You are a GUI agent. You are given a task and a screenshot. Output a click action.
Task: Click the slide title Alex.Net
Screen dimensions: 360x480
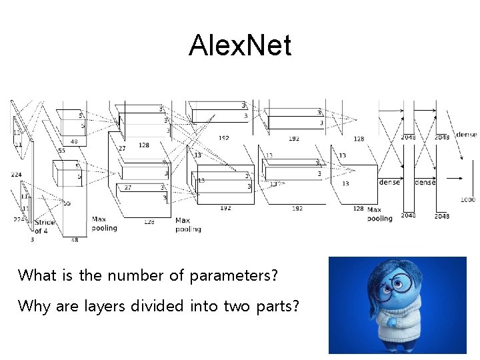tap(240, 46)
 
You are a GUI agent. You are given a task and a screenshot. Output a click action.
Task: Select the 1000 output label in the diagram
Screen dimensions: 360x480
tap(467, 199)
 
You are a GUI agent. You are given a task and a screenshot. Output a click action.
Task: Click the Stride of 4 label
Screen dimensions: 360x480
tap(45, 227)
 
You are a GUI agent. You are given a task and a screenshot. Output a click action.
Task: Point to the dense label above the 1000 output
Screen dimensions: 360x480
tap(466, 135)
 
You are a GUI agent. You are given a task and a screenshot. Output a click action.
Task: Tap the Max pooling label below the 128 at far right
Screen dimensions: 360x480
tap(380, 214)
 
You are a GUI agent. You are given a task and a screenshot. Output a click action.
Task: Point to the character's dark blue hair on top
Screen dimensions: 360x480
tap(393, 267)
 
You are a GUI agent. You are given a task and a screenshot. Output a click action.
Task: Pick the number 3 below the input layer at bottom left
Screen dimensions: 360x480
tap(32, 239)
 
